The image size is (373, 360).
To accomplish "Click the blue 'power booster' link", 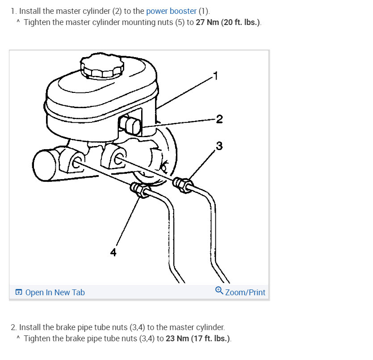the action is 171,11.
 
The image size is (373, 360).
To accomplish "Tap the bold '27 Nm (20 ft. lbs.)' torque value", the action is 228,22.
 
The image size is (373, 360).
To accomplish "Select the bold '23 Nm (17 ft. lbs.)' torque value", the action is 198,339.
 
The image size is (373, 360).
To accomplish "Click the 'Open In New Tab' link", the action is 55,293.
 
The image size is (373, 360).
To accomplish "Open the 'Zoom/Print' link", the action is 245,293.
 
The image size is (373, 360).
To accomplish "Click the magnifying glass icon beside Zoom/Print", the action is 219,291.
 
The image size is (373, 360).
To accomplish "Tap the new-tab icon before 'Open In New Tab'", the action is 19,292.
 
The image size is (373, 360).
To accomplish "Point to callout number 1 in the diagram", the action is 215,76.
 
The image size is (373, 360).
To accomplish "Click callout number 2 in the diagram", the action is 219,119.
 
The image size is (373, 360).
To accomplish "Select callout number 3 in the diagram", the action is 219,146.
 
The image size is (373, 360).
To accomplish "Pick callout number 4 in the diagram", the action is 113,252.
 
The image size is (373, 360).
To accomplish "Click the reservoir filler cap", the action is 102,66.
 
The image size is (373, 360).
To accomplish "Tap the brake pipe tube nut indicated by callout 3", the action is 183,185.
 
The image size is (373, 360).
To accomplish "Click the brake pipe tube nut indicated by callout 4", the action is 140,189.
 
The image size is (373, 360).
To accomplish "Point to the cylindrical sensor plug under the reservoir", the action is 130,125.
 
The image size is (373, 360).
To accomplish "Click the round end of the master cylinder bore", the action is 44,165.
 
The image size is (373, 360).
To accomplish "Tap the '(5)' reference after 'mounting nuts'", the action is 180,22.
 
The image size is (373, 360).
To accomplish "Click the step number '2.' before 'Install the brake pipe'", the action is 13,327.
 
